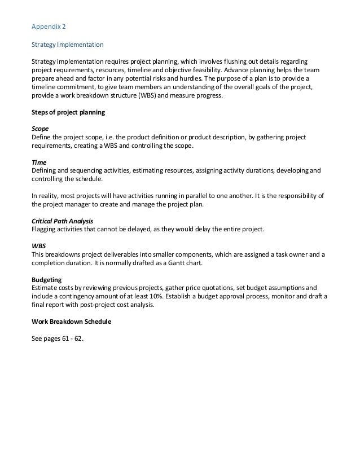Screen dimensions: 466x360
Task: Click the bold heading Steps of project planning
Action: pos(68,113)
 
